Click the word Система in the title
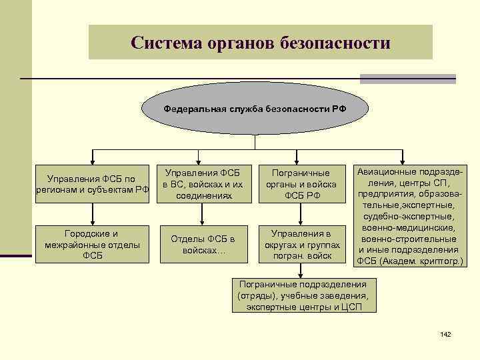[163, 43]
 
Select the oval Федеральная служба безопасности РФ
[255, 108]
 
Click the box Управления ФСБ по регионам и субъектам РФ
[92, 183]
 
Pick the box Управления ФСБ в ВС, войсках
[202, 183]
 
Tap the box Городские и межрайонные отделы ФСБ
[92, 245]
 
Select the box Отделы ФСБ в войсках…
[202, 245]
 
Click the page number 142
[446, 333]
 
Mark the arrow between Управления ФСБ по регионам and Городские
[92, 213]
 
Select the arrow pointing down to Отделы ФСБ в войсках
[202, 213]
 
